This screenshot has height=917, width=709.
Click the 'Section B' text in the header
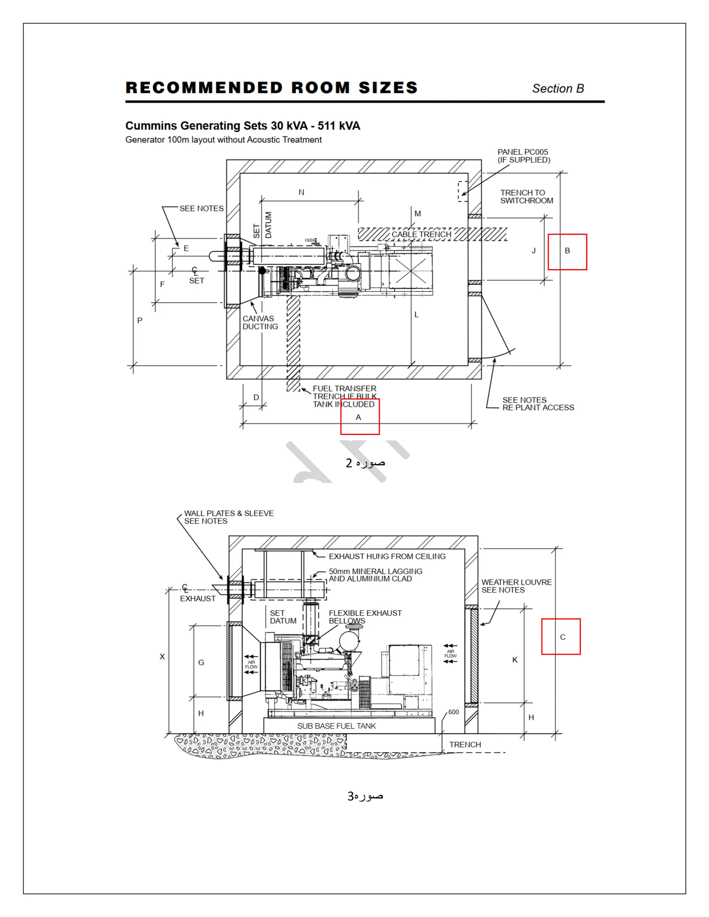(558, 89)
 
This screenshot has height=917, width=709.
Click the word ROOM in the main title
(321, 88)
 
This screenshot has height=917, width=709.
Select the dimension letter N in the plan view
(301, 192)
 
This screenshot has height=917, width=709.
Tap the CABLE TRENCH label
(421, 234)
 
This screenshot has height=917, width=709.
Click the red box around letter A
(360, 417)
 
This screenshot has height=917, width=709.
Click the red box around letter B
(567, 252)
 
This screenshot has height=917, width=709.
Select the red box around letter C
(561, 636)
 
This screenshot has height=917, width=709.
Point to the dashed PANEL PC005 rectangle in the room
(463, 191)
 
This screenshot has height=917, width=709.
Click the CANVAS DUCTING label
(260, 323)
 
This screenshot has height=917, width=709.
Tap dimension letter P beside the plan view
(140, 320)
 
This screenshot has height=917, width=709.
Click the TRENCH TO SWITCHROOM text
(526, 197)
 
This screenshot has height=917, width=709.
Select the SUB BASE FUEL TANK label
(336, 726)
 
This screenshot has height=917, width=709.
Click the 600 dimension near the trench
(454, 712)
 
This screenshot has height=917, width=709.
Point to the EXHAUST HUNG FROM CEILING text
(387, 556)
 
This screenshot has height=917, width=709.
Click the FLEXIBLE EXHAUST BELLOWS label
(365, 617)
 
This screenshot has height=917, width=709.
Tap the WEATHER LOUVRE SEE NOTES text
(516, 586)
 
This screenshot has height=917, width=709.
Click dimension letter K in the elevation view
(514, 660)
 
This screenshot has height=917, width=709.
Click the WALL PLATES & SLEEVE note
(228, 517)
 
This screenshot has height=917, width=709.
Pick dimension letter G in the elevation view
(201, 663)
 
